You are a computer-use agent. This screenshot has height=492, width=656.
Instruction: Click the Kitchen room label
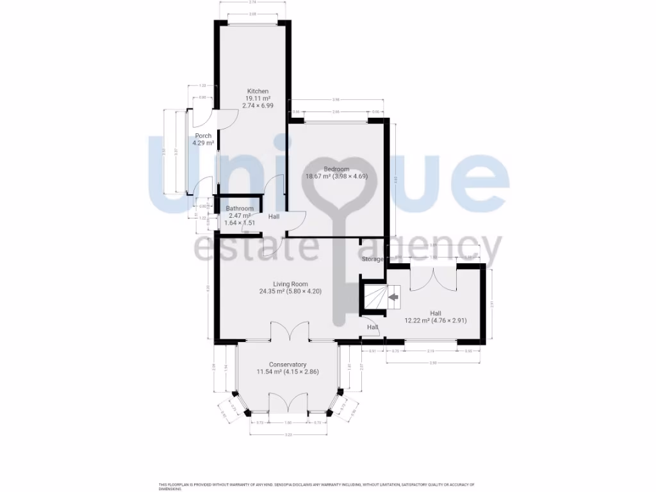[x=258, y=91]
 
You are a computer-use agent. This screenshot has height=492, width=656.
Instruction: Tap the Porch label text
[x=204, y=136]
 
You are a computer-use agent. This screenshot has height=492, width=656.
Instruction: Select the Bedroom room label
[x=336, y=169]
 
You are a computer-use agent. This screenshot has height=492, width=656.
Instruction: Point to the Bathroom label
[x=240, y=209]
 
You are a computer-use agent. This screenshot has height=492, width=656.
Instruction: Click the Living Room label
[x=290, y=284]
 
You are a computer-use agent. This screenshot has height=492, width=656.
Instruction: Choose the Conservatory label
[x=288, y=365]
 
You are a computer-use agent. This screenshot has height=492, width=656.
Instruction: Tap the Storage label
[x=372, y=259]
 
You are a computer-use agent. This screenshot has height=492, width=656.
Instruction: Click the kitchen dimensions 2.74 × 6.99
[x=258, y=105]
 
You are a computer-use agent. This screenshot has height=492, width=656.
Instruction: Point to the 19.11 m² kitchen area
[x=258, y=98]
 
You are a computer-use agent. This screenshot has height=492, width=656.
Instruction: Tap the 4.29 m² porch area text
[x=204, y=143]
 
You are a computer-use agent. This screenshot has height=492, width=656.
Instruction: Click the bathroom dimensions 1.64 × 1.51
[x=240, y=223]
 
